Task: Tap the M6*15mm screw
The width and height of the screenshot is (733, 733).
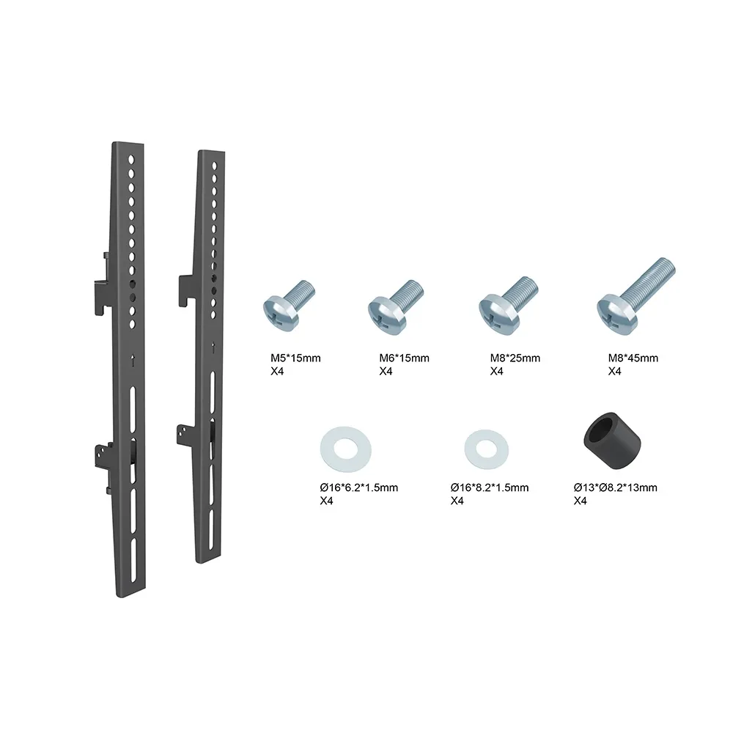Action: point(395,306)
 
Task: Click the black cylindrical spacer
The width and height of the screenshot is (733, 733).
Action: point(612,441)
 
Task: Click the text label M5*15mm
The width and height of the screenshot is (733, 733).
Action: point(295,358)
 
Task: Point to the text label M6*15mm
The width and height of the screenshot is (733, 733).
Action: point(404,358)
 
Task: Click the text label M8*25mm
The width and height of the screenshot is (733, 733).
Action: point(515,358)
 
